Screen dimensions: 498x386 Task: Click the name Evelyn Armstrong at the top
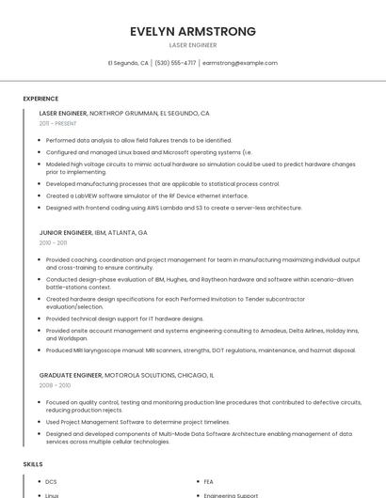(193, 31)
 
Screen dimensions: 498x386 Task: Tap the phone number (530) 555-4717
(175, 63)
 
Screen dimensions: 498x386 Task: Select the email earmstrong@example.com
(240, 63)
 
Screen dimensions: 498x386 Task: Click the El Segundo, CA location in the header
(128, 63)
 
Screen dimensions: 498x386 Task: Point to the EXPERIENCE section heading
(40, 98)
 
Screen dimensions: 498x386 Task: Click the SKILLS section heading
(33, 464)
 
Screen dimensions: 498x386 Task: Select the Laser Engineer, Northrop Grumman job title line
(124, 113)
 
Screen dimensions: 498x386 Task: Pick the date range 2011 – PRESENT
(58, 123)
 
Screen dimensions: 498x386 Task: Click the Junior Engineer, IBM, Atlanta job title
(93, 232)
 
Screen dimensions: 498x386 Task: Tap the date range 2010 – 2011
(53, 242)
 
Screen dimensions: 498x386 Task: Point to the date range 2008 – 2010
(54, 385)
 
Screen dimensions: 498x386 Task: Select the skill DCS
(52, 482)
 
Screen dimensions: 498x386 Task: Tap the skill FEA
(208, 482)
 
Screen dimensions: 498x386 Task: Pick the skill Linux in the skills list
(52, 494)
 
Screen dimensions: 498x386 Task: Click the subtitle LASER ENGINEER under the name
(193, 45)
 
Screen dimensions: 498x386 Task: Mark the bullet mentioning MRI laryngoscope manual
(201, 350)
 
